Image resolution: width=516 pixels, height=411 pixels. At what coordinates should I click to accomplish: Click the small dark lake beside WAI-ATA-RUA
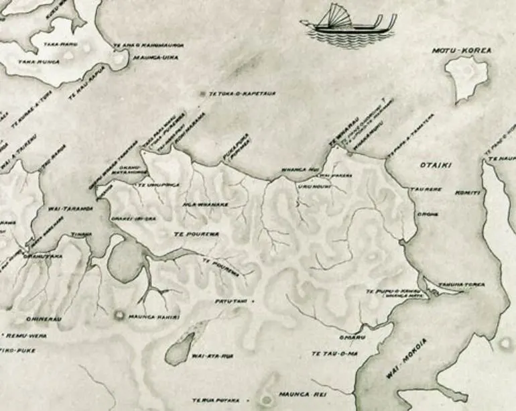click(178, 345)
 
